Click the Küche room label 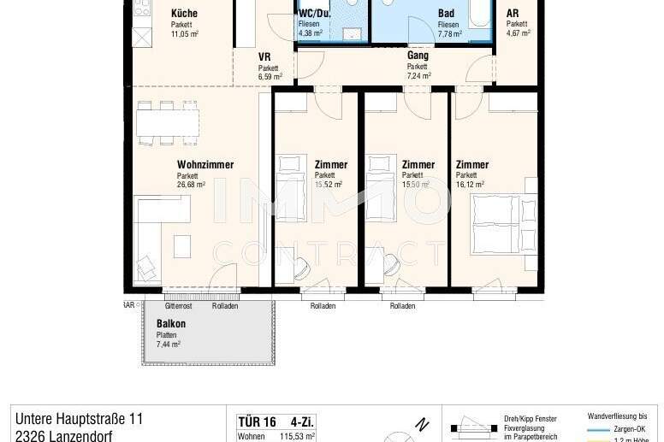click(184, 14)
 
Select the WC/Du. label click(315, 14)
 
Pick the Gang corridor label click(418, 56)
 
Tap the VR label click(264, 57)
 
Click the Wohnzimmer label click(205, 165)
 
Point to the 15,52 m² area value click(329, 184)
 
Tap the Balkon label click(171, 324)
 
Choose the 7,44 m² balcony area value click(169, 345)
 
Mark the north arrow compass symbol click(418, 425)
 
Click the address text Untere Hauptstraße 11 click(79, 419)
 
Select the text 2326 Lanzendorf click(63, 435)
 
